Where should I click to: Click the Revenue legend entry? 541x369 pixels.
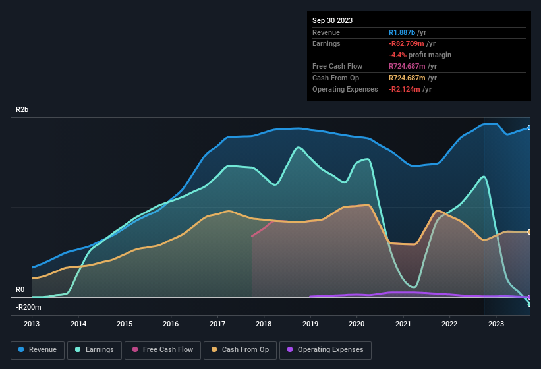[x=38, y=350]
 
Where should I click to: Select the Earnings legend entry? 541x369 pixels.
[x=94, y=350]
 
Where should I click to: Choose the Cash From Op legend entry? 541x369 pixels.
[x=240, y=350]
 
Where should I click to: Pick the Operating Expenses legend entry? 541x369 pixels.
[x=326, y=350]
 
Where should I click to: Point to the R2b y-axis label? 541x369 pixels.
[x=22, y=109]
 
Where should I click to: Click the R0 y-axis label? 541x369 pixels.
[x=20, y=289]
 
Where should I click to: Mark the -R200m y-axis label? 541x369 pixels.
[x=28, y=307]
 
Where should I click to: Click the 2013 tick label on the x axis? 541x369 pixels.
[x=32, y=324]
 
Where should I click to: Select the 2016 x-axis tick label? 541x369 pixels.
[x=171, y=324]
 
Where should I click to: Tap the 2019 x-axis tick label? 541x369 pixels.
[x=310, y=324]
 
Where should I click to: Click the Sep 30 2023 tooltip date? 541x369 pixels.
[x=332, y=20]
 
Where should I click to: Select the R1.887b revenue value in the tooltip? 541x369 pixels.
[x=402, y=32]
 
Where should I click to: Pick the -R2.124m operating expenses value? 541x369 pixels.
[x=405, y=89]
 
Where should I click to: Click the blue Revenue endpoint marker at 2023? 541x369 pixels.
[x=529, y=127]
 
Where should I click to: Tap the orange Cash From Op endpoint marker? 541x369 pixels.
[x=529, y=232]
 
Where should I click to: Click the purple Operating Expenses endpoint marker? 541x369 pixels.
[x=529, y=297]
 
